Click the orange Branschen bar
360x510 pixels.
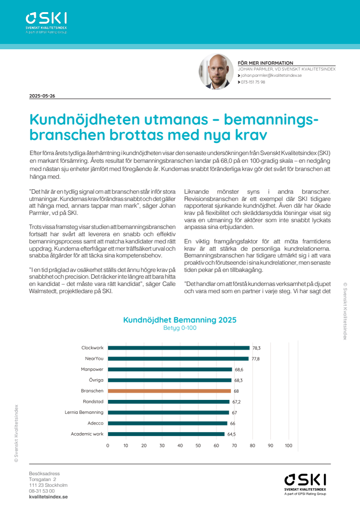[169, 391]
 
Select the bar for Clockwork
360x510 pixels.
[179, 348]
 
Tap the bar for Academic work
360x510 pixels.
[166, 434]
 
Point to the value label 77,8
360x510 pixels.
[256, 358]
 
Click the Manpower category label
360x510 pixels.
[92, 369]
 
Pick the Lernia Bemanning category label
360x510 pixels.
[84, 412]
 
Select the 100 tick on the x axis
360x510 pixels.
[289, 445]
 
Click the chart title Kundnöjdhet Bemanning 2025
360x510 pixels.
[180, 320]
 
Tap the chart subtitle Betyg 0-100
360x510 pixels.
[180, 328]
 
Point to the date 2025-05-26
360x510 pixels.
[42, 96]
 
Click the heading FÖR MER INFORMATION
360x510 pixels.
[265, 63]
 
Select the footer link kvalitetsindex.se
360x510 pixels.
[48, 496]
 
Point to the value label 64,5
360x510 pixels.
[231, 434]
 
